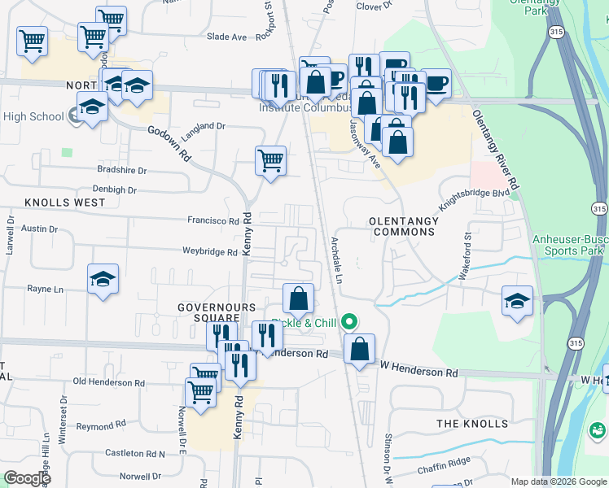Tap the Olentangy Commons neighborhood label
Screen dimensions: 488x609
pos(402,226)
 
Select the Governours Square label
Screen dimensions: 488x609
pos(217,312)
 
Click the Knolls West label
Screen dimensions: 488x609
pos(64,202)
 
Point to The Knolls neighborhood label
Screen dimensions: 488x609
pos(472,424)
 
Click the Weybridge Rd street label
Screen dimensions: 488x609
pos(209,252)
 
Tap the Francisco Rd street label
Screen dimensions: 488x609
pos(213,220)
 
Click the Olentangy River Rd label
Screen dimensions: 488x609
pos(496,150)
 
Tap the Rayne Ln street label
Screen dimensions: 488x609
pos(45,289)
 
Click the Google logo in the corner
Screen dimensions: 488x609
pos(27,478)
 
